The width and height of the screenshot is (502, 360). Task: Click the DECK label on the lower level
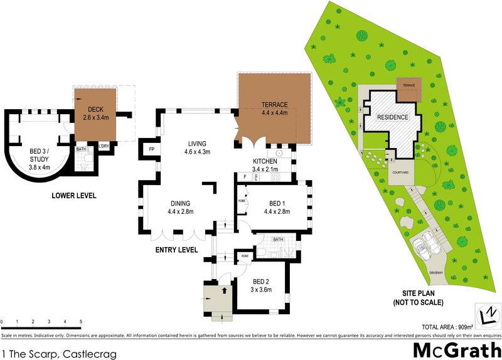pos(96,112)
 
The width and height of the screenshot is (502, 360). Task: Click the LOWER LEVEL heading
pos(73,196)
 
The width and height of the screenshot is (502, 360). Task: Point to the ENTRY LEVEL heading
pos(176,250)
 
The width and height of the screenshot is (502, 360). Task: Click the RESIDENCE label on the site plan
pos(392,117)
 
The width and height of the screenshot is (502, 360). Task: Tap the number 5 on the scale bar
pos(81,322)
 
